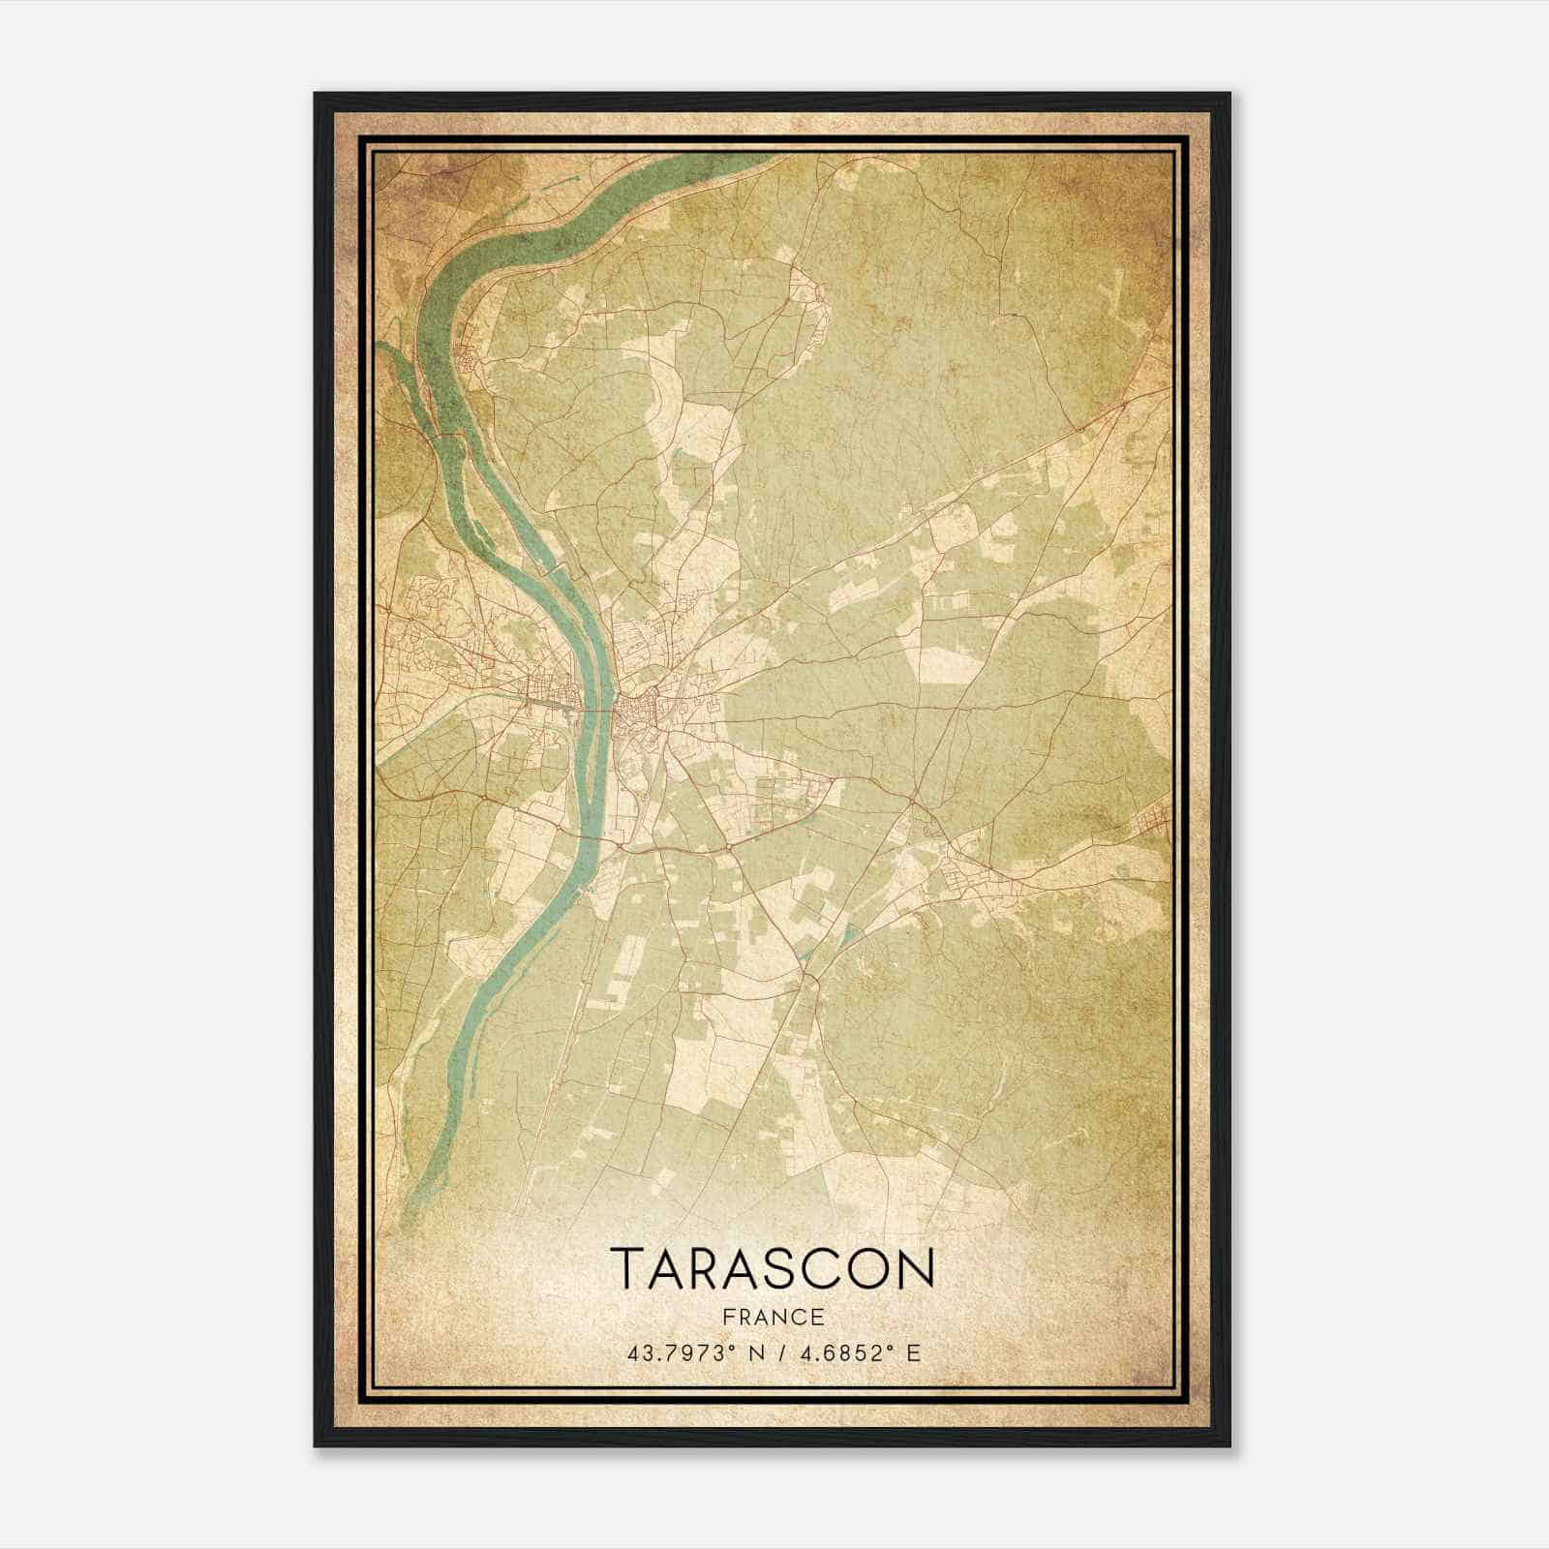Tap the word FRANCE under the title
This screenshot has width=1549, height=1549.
[x=773, y=1317]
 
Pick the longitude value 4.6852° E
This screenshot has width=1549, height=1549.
[x=852, y=1352]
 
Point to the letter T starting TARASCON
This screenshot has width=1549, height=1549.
[x=624, y=1267]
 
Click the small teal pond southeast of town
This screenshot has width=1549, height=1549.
[x=850, y=934]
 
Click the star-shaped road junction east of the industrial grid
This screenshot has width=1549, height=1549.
[x=914, y=801]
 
